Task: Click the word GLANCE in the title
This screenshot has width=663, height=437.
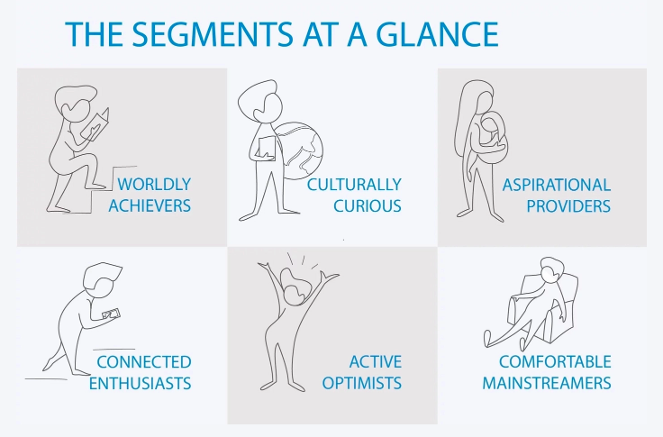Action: point(437,33)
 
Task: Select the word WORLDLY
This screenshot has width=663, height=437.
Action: point(154,185)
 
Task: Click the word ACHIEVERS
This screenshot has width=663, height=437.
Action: point(150,205)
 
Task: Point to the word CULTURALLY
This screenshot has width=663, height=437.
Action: point(354,185)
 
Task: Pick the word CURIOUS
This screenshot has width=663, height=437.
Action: point(368,205)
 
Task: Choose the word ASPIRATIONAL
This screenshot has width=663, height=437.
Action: point(557,186)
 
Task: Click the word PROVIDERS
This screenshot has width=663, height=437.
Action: point(568,206)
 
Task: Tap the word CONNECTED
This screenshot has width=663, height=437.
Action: point(144,362)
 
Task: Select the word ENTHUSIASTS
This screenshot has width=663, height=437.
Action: point(140,383)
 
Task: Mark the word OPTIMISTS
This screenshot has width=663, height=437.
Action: point(362,383)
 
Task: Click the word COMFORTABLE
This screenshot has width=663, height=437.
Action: point(555,362)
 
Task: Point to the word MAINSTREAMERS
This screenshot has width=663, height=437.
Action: point(547,383)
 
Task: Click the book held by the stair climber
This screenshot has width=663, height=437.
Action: point(95,123)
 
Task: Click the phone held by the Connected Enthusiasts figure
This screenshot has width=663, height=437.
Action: point(112,314)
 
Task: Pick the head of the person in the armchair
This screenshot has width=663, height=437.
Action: point(552,269)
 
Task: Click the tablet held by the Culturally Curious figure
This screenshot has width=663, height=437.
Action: point(267,147)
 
